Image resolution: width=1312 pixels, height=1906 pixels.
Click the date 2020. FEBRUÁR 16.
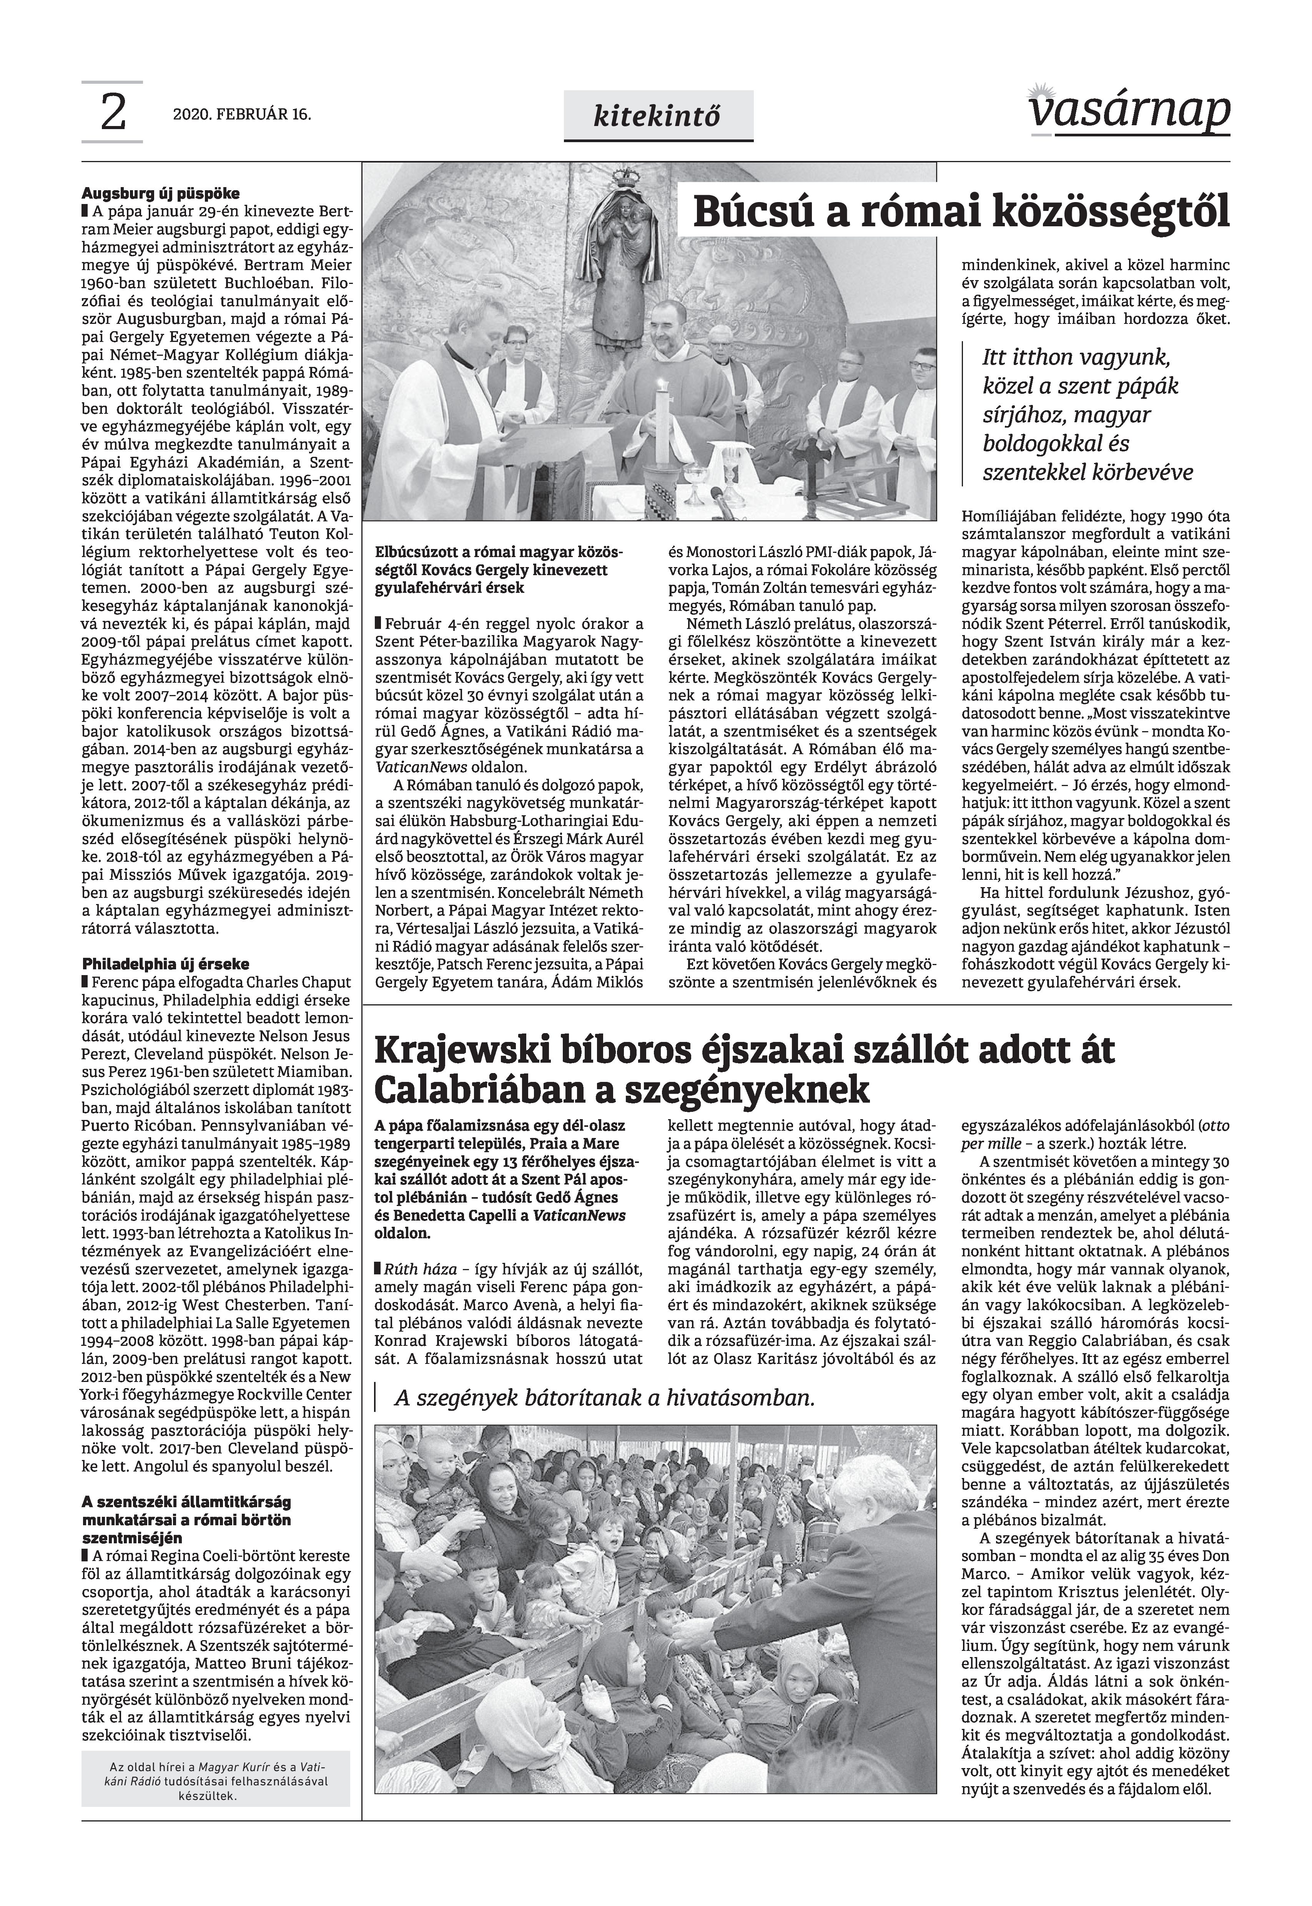pyautogui.click(x=242, y=115)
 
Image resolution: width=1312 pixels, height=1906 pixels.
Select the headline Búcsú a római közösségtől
pyautogui.click(x=960, y=212)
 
